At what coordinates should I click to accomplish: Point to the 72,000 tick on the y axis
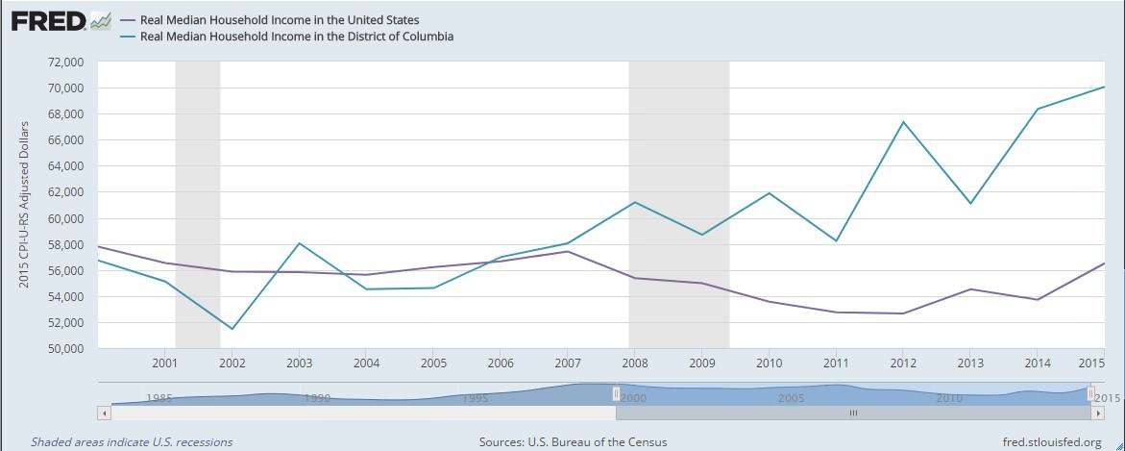point(66,62)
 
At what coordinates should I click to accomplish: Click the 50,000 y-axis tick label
point(66,348)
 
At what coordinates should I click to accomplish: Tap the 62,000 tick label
point(66,192)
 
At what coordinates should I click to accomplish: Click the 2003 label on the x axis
point(299,363)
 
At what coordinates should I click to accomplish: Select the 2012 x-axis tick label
point(903,363)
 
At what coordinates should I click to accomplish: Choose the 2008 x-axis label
point(634,363)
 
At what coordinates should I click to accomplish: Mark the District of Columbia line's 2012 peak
point(903,122)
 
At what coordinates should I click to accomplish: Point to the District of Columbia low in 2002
point(232,329)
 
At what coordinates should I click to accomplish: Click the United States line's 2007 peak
point(567,252)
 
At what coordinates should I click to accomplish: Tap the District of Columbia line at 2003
point(299,243)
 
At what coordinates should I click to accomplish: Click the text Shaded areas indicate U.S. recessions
point(132,442)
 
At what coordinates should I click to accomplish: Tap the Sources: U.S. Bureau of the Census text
point(573,442)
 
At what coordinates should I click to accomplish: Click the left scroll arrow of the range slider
point(104,413)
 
